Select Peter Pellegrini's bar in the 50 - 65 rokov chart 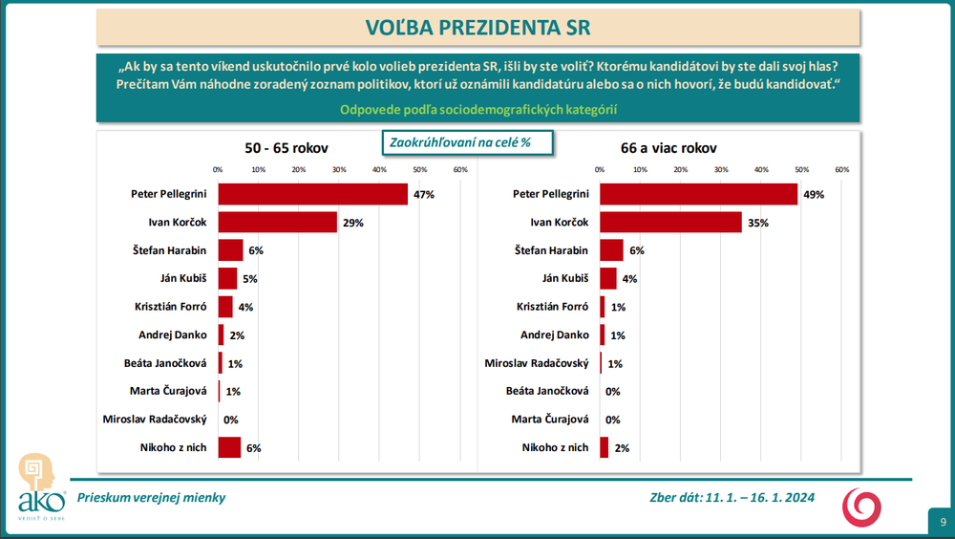tap(312, 194)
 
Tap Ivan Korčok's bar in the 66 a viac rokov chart tap(670, 222)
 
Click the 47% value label tap(424, 194)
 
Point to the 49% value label tap(814, 194)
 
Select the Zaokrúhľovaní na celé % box tap(458, 142)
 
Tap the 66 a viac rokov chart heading tap(668, 148)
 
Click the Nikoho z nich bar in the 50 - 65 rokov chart tap(229, 447)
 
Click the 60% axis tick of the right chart tap(842, 169)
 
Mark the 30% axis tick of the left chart tap(339, 169)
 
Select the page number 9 tap(943, 522)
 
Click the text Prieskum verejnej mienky tap(152, 498)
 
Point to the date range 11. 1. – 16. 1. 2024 tap(760, 498)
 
